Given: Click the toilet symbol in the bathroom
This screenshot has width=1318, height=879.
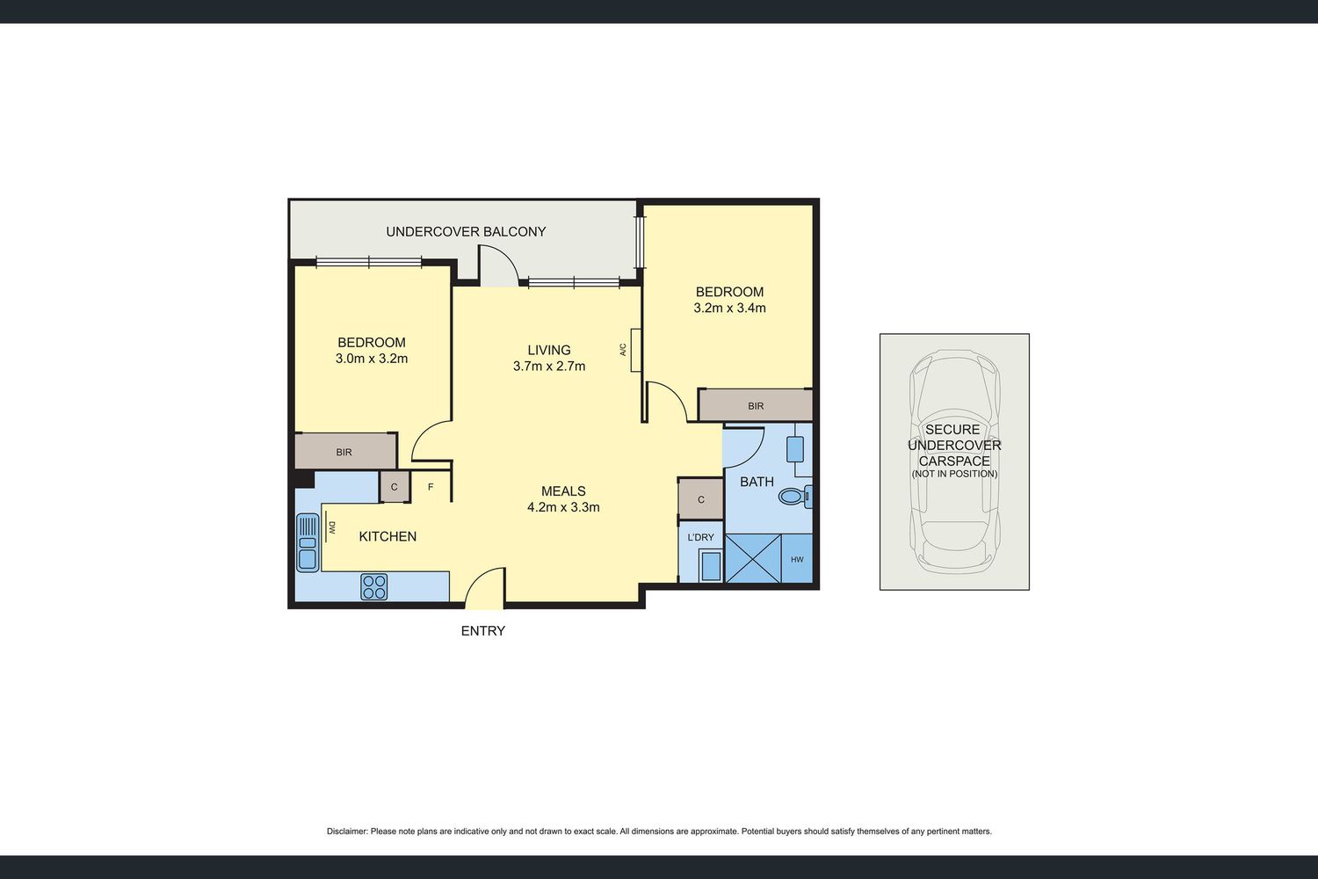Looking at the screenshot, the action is [x=795, y=497].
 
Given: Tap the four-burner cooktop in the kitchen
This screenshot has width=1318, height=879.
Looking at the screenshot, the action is [x=374, y=586].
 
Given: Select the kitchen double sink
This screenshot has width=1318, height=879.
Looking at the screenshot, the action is [x=308, y=542].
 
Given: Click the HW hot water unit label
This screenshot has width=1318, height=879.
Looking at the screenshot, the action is [x=797, y=559].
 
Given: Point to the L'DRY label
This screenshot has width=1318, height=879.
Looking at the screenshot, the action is [x=700, y=537].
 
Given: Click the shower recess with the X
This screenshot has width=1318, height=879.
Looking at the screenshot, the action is [x=753, y=558].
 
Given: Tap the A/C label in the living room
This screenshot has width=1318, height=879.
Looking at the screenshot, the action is [x=622, y=350].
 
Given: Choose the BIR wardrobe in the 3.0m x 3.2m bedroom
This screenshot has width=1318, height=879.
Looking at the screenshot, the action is [x=345, y=452].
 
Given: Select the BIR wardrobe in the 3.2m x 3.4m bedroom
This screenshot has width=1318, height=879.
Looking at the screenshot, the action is [x=756, y=405].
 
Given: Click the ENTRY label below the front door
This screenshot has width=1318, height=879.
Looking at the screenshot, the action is [x=483, y=630].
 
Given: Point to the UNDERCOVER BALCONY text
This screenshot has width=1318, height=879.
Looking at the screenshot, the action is [x=466, y=232].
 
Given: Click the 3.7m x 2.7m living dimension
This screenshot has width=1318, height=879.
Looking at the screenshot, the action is [x=549, y=367].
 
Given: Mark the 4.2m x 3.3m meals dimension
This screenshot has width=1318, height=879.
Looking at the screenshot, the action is [x=564, y=507].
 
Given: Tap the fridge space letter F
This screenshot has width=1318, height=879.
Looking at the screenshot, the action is [x=431, y=487].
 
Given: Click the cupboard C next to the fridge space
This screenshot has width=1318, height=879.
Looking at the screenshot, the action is [x=395, y=487].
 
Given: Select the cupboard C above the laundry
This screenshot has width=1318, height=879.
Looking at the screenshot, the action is [x=701, y=499].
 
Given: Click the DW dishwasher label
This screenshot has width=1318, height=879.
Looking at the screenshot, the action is [x=332, y=527].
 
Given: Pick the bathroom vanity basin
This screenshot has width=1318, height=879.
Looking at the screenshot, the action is [x=795, y=449].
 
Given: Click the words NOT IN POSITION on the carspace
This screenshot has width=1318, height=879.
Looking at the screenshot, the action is [x=954, y=474].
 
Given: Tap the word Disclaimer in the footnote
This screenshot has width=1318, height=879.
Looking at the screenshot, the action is [x=346, y=832].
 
